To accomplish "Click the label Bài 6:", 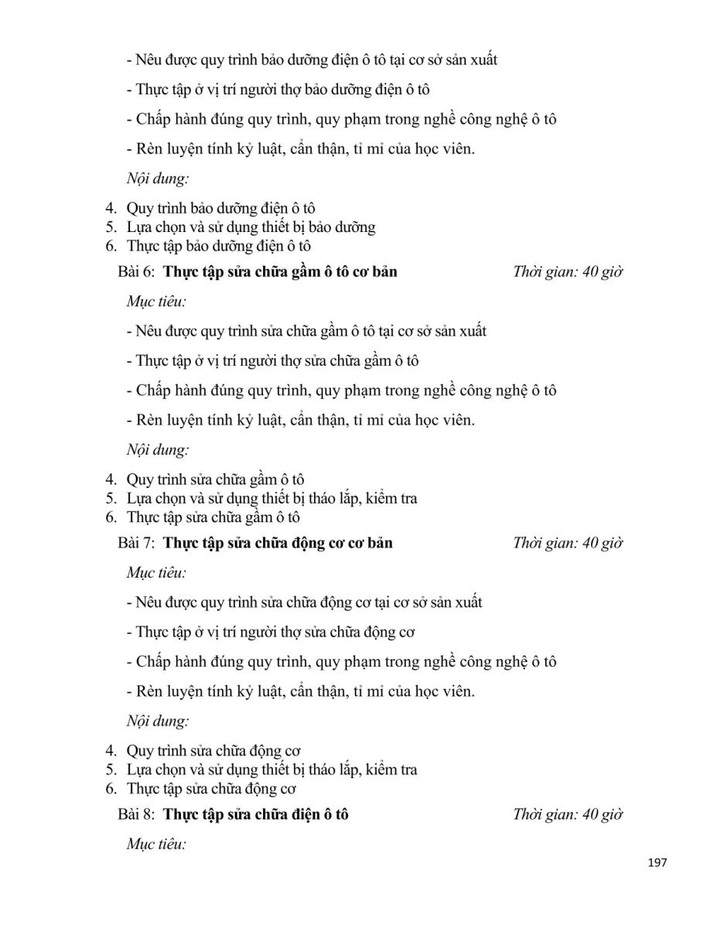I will pos(137,272).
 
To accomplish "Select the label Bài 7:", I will pos(137,543).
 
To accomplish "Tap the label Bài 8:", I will pos(137,814).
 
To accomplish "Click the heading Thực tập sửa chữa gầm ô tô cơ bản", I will pos(280,272).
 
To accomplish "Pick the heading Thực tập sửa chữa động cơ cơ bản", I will pos(278,543).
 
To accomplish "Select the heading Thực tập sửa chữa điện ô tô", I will pos(256,814).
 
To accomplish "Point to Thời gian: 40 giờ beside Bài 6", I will pos(568,272).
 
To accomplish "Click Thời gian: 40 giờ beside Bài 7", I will pos(568,543).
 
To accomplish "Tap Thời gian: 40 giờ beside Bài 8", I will pos(568,814).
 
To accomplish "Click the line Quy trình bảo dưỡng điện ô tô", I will pos(220,208).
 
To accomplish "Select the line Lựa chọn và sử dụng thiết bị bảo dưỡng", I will pos(251,227).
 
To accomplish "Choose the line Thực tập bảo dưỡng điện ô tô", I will pos(218,247).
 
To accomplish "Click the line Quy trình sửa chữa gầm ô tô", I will pos(220,479).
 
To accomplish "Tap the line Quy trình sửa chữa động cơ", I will pos(213,750).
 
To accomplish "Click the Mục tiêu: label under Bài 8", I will pos(157,844).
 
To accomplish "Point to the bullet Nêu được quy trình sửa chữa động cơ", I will pos(303,602).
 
